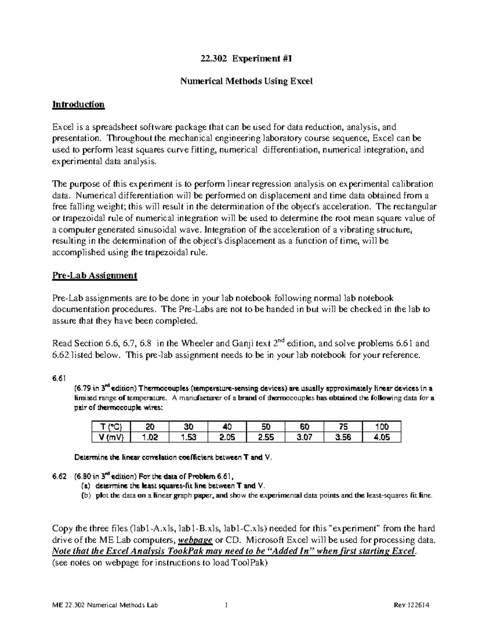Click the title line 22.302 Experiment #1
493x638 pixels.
(246, 59)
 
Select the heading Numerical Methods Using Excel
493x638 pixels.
(246, 81)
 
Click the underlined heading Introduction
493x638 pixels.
(78, 104)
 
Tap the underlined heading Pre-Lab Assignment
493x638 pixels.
(94, 275)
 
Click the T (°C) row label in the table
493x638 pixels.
(111, 427)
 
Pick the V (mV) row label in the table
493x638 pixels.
(111, 437)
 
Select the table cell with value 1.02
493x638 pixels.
(150, 437)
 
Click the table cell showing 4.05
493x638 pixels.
(382, 437)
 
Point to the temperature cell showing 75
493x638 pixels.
(343, 427)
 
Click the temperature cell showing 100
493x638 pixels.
(382, 427)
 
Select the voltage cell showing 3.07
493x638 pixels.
(304, 437)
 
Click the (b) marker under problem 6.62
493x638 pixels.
(87, 495)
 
